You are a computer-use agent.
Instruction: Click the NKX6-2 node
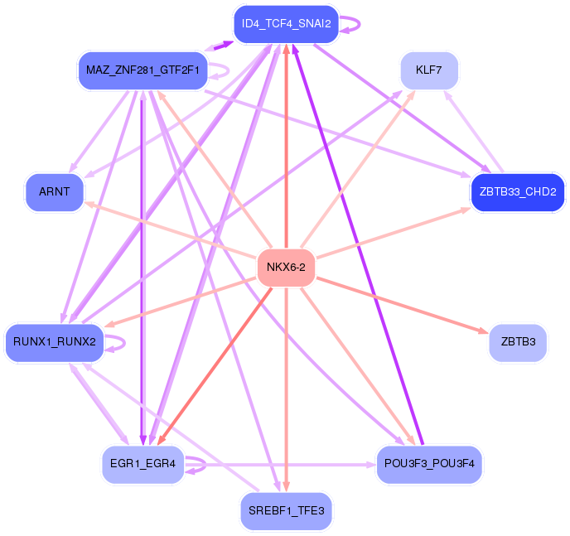pyautogui.click(x=286, y=267)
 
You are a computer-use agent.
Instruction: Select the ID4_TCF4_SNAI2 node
pyautogui.click(x=286, y=24)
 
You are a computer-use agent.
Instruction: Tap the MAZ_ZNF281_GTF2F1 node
pyautogui.click(x=142, y=70)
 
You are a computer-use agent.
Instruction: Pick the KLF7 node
pyautogui.click(x=428, y=70)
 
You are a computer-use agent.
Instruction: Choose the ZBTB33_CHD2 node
pyautogui.click(x=517, y=192)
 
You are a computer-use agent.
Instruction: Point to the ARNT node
pyautogui.click(x=55, y=192)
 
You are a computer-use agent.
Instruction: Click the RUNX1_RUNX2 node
pyautogui.click(x=55, y=341)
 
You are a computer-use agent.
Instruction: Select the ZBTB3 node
pyautogui.click(x=518, y=341)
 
